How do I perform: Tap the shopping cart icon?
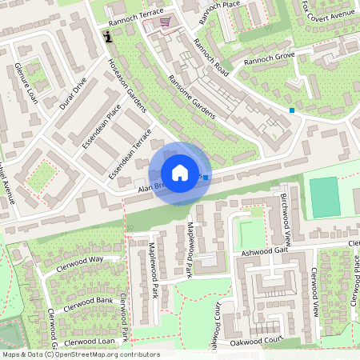tap(165, 22)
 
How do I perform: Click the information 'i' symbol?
tap(108, 34)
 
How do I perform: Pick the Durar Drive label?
tap(74, 93)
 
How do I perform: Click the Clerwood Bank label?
tap(88, 303)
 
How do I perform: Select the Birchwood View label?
tap(286, 218)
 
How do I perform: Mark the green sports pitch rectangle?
tap(325, 197)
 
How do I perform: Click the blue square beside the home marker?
tap(206, 178)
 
